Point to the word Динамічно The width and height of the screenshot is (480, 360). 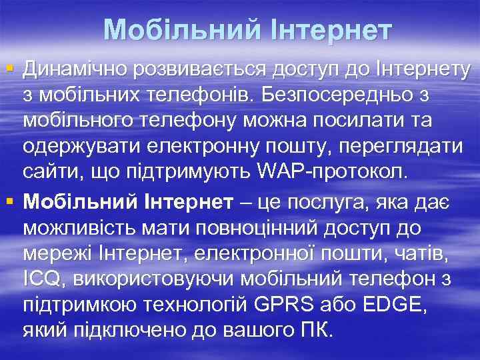pyautogui.click(x=73, y=69)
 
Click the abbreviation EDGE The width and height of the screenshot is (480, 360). pyautogui.click(x=390, y=305)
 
